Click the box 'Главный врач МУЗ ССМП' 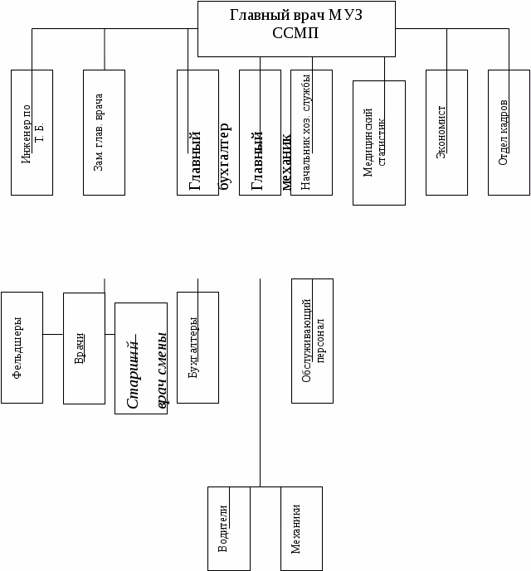[295, 28]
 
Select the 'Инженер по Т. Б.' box [32, 133]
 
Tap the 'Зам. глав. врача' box [104, 133]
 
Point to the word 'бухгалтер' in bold [224, 157]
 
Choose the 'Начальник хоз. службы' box [311, 133]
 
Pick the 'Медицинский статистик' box [378, 143]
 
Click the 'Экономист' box [446, 133]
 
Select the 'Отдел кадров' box [509, 133]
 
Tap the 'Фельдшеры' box [22, 347]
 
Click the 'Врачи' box [84, 348]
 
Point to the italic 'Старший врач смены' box [141, 358]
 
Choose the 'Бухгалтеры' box [197, 347]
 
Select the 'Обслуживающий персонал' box [312, 341]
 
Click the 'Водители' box [228, 529]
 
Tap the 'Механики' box [301, 529]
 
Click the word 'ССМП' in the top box [295, 33]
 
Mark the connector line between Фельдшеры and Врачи [53, 334]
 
